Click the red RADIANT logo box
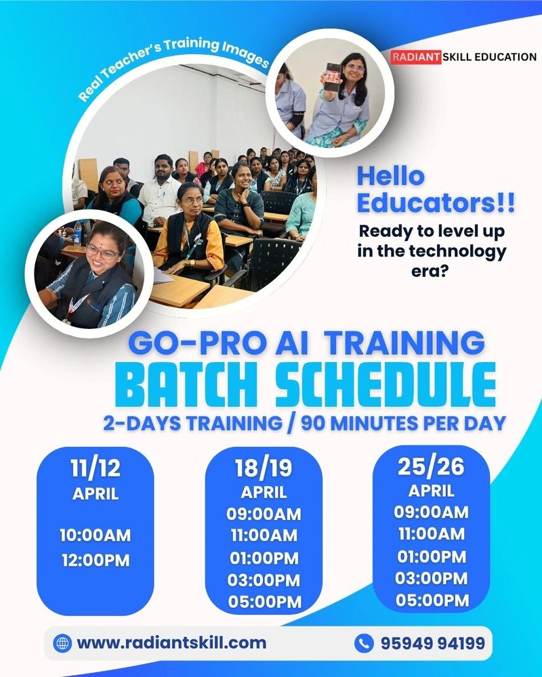click(x=416, y=57)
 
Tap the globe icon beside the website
click(x=63, y=643)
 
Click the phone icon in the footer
click(x=364, y=643)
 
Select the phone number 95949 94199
click(x=433, y=643)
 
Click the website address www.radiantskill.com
click(x=171, y=642)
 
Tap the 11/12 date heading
click(x=96, y=468)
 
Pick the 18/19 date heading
click(x=264, y=468)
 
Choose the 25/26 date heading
click(x=431, y=466)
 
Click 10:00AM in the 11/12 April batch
click(x=96, y=536)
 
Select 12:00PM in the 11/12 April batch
click(x=96, y=561)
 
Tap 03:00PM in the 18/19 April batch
click(x=264, y=580)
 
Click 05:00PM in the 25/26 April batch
click(x=432, y=600)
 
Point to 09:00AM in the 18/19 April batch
click(x=264, y=515)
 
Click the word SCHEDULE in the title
click(x=385, y=385)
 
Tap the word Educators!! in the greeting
click(x=436, y=203)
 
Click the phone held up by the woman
click(x=333, y=77)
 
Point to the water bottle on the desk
click(x=77, y=234)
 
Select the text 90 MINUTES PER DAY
click(x=403, y=424)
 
